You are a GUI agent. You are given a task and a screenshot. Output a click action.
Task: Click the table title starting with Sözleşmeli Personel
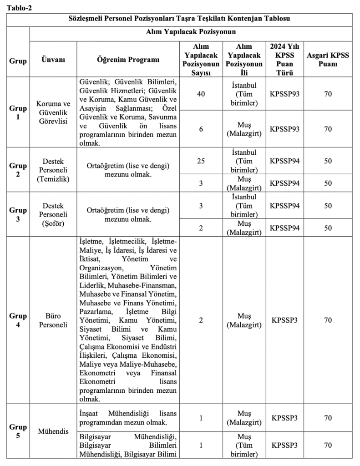pos(179,19)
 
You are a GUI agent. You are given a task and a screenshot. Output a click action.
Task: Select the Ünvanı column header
pos(53,60)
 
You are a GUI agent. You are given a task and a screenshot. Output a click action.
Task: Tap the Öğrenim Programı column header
pos(128,60)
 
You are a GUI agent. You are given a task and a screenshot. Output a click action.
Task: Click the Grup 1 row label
pos(18,112)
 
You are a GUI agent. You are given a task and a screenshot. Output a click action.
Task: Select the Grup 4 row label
pos(18,320)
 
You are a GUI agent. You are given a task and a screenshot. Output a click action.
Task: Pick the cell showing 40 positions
pos(201,94)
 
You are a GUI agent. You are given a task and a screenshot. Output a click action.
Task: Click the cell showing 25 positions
pos(201,161)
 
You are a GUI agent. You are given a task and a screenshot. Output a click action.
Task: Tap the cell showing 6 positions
pos(201,129)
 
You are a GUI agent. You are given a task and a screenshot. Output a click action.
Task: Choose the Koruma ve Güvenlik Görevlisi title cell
pos(53,112)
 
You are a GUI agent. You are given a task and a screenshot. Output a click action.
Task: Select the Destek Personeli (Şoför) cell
pos(53,214)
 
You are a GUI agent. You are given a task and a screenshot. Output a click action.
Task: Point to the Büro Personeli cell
pos(53,320)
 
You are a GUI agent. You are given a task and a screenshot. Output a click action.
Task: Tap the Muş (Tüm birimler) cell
pos(244,446)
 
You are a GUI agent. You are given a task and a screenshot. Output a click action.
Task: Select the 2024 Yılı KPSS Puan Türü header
pos(284,60)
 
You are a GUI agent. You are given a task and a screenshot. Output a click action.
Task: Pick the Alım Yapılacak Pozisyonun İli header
pos(244,60)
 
